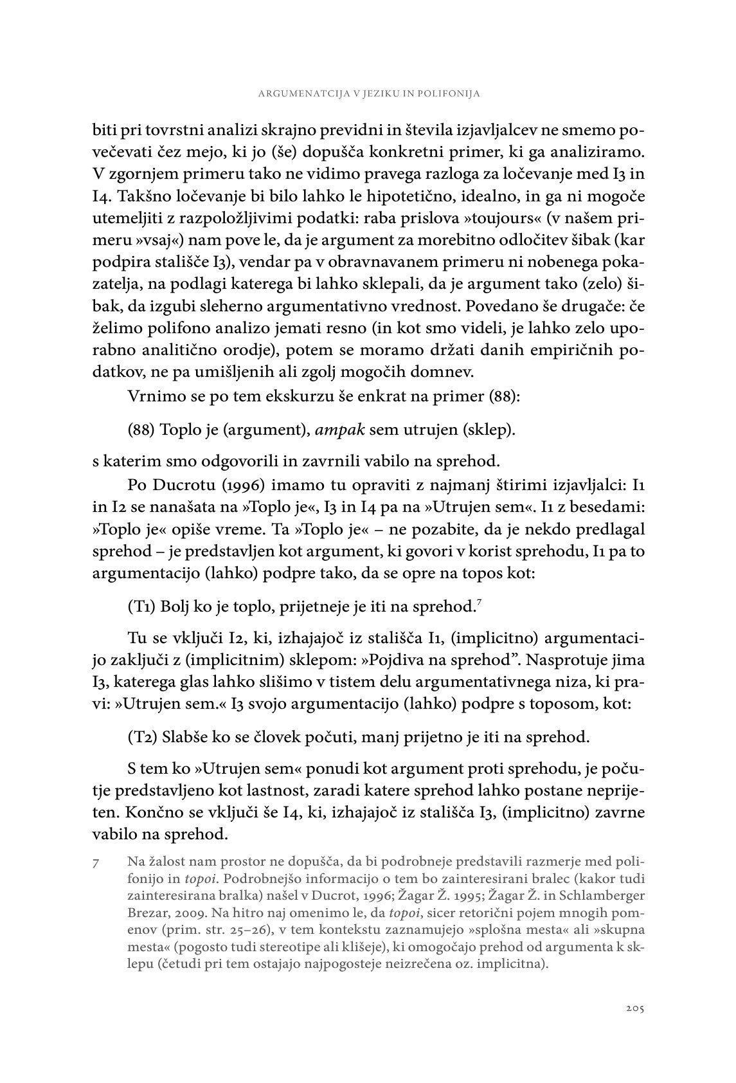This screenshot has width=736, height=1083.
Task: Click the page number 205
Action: pos(634,1008)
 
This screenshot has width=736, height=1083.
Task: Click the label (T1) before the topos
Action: pos(141,606)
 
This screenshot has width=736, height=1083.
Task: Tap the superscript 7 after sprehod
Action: pos(479,601)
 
